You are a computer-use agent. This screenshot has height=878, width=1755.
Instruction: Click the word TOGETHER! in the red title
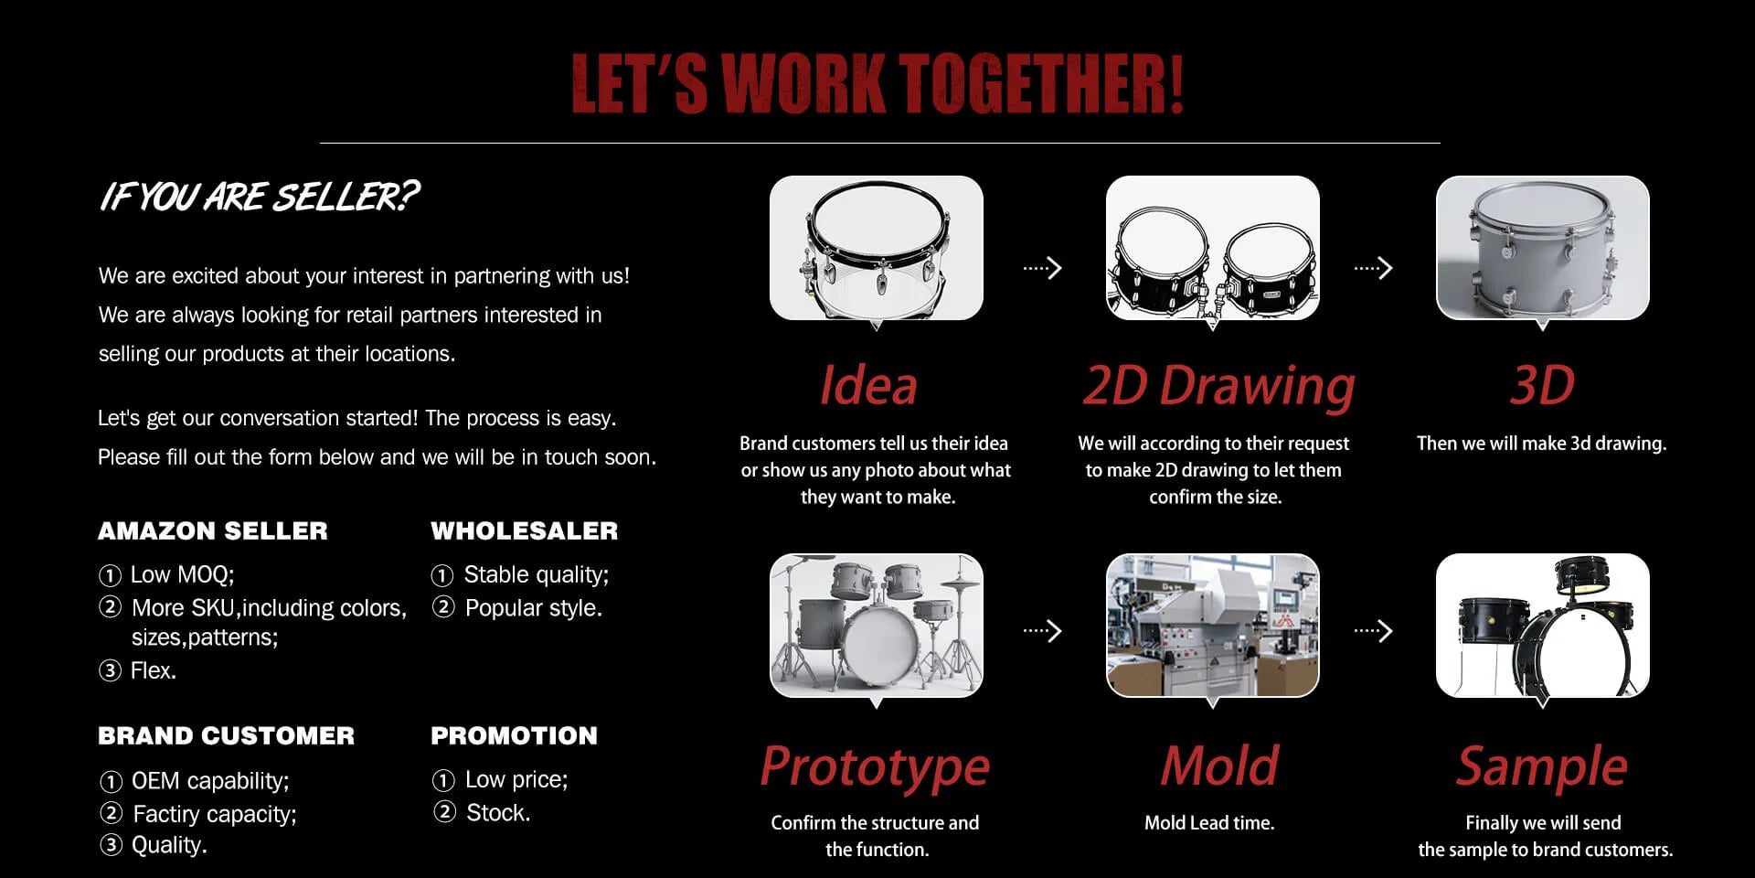tap(1041, 83)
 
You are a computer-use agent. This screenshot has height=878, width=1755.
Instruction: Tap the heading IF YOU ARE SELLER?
tap(259, 197)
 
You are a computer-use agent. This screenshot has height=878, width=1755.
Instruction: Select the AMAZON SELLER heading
tap(213, 530)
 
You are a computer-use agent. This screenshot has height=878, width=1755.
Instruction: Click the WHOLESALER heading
tap(525, 530)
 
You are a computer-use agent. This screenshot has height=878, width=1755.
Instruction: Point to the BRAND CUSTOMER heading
tap(226, 735)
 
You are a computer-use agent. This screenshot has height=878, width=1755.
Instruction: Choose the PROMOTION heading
tap(514, 735)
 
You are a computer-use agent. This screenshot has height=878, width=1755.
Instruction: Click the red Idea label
tap(868, 385)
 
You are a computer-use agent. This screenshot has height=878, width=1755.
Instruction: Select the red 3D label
tap(1542, 385)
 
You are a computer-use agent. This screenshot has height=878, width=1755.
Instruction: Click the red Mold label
tap(1219, 766)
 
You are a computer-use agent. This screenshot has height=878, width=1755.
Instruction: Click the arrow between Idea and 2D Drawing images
tap(1043, 268)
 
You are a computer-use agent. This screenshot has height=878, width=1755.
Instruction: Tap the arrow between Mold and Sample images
tap(1373, 631)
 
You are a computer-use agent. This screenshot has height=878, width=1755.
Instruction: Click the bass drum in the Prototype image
tap(880, 639)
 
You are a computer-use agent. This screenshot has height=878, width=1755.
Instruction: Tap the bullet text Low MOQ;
tap(182, 574)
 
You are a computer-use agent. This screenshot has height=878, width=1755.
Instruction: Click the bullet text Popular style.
tap(534, 608)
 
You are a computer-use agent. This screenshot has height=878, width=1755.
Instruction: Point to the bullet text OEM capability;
tap(210, 781)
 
